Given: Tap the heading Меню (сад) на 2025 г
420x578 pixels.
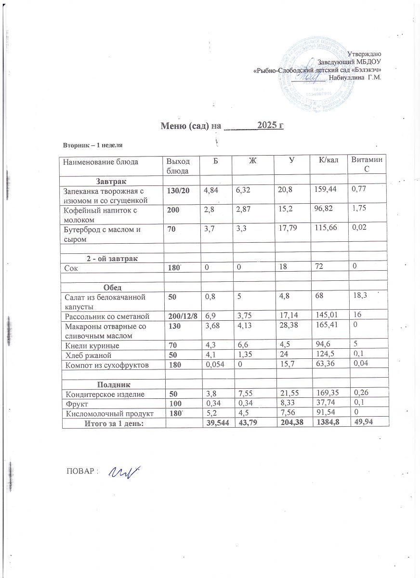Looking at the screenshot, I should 221,126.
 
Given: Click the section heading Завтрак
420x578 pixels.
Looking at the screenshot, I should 111,182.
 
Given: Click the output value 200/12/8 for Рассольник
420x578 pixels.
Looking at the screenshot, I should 182,315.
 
